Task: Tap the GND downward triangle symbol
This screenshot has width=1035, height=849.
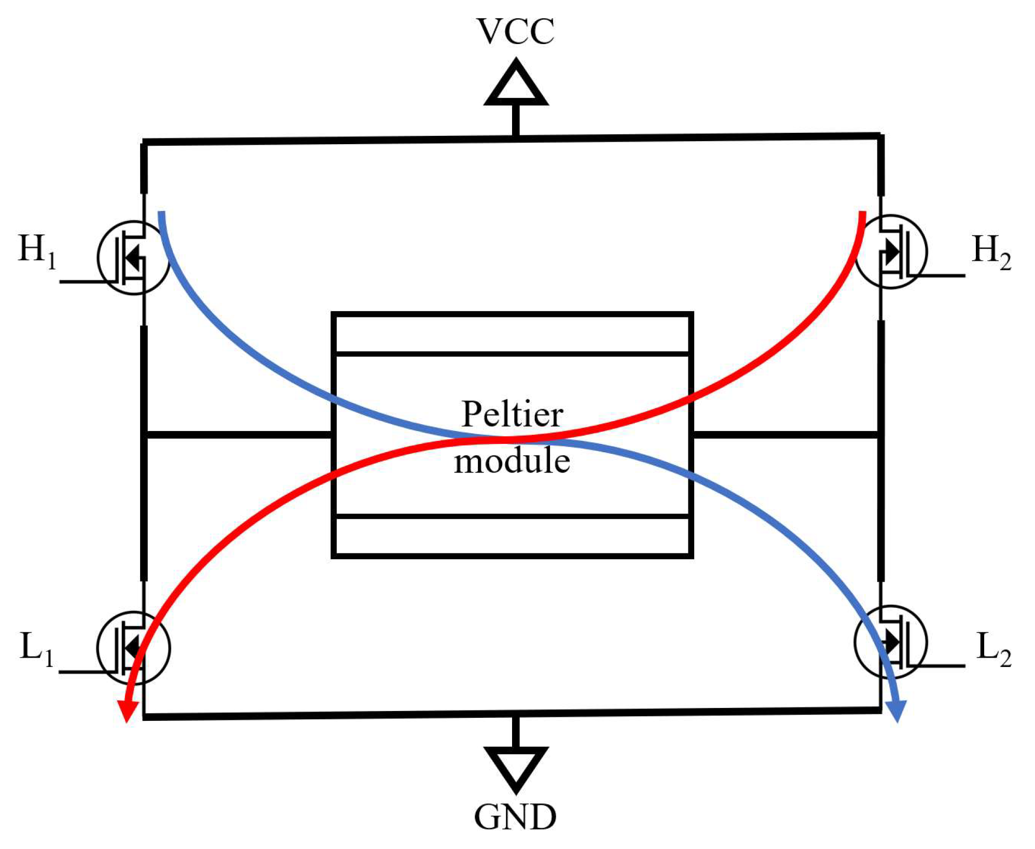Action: click(516, 768)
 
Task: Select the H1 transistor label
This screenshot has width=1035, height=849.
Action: click(36, 250)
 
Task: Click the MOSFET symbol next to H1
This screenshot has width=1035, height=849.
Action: click(133, 257)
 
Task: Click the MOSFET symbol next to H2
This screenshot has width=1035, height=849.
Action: click(891, 252)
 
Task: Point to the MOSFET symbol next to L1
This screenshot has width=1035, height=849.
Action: click(133, 648)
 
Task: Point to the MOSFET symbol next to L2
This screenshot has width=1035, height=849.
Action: click(891, 642)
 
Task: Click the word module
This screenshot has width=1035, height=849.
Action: click(512, 461)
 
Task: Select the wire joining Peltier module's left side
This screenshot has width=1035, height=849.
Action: click(239, 435)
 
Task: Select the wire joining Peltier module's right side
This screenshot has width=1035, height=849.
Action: click(786, 434)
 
